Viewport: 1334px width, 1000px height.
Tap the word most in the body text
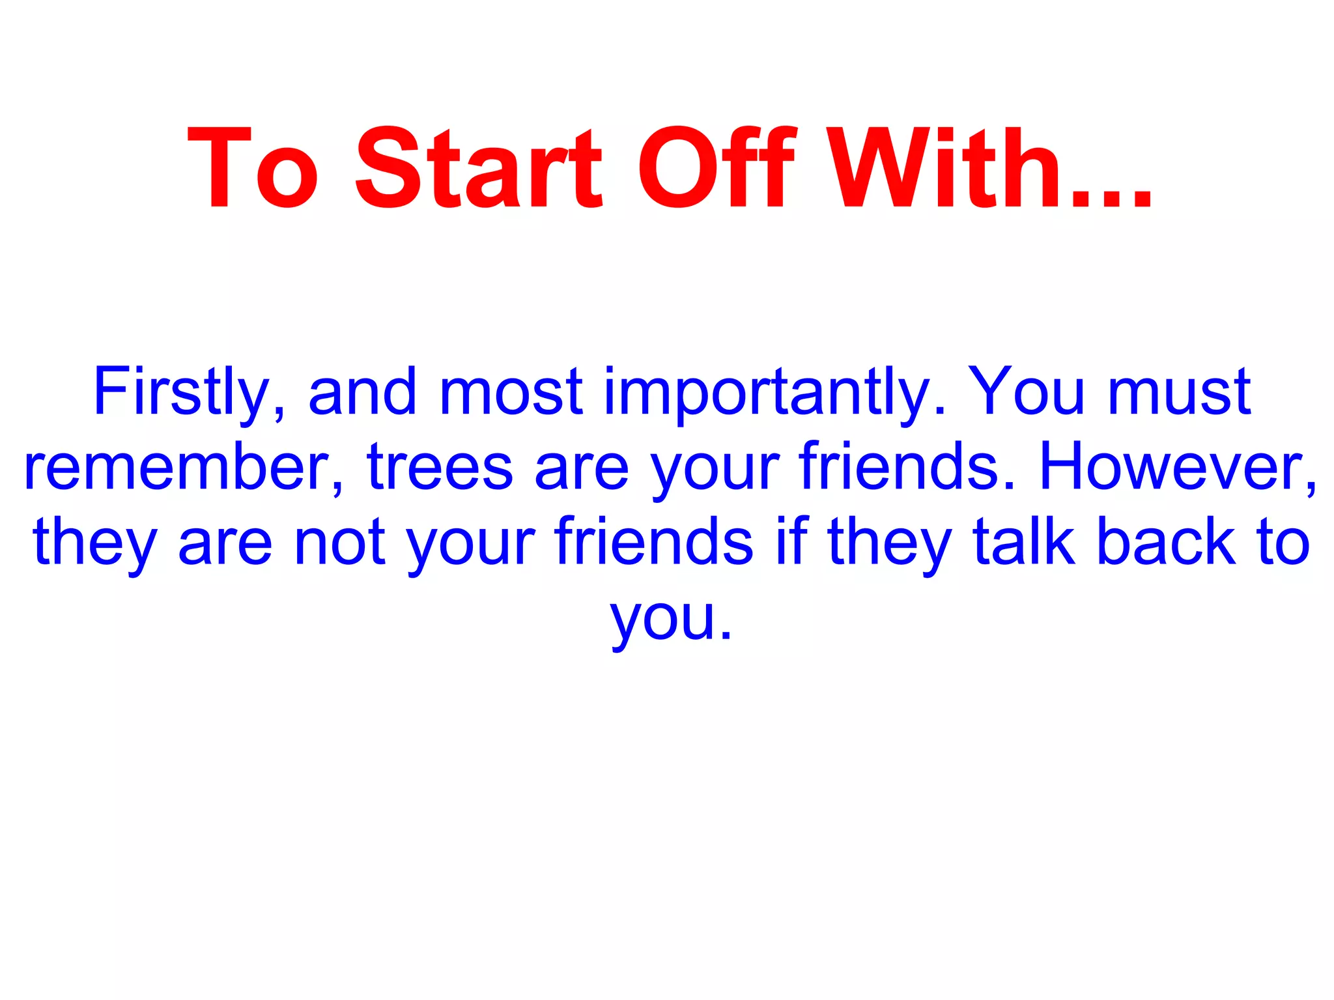coord(511,392)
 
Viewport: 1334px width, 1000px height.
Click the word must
coord(1179,392)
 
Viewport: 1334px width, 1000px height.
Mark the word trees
coord(440,468)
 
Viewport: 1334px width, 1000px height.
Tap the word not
coord(339,542)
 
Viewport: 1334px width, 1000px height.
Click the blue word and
coord(362,392)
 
